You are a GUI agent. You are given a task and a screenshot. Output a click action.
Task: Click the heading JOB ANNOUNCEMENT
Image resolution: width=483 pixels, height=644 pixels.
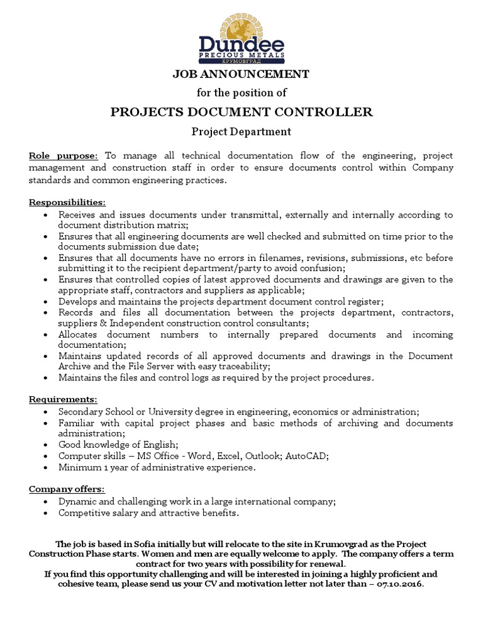241,74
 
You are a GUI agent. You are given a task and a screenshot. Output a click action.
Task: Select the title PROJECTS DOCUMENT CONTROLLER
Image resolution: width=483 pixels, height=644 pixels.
241,112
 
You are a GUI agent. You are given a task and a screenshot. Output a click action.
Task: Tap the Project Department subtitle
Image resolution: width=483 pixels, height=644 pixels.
241,131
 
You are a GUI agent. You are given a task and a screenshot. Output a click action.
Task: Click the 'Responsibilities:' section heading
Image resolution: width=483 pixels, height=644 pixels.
68,202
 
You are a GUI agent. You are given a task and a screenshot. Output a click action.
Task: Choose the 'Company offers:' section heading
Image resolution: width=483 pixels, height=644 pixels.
67,489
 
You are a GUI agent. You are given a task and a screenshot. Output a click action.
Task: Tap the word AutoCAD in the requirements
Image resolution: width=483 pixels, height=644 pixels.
306,455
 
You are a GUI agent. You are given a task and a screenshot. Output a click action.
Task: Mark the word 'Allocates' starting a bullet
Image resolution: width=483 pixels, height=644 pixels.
80,335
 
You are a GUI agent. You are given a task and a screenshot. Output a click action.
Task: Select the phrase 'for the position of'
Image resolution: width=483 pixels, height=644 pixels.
241,93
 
